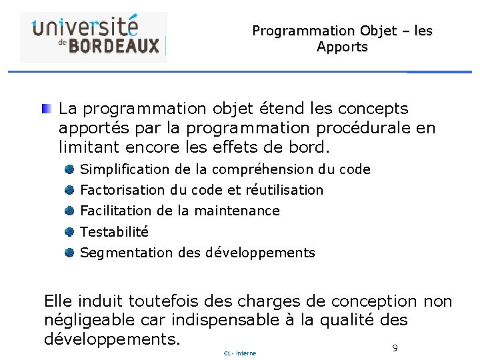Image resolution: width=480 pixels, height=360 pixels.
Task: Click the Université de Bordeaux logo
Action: pos(94,36)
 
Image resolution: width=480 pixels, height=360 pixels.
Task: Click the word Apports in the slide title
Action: pos(342,47)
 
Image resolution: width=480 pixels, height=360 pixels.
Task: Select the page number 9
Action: pos(395,348)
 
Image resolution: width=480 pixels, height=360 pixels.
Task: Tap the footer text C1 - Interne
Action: pos(240,353)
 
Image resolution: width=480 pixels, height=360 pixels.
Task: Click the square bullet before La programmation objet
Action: pos(45,108)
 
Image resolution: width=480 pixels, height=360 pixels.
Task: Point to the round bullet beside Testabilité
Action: pos(69,232)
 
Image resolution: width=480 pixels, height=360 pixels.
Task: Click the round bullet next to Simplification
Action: pos(69,169)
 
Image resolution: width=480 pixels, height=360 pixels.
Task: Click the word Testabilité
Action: pos(114,232)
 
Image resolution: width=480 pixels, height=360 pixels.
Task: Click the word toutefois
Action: pos(163,301)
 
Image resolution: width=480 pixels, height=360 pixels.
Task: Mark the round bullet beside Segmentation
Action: pos(69,253)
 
